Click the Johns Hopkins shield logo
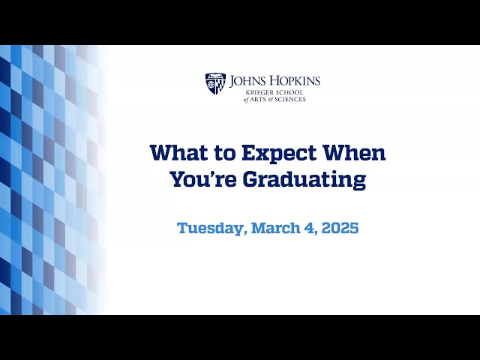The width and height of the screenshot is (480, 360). coord(215,83)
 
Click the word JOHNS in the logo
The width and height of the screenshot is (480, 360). coord(247,80)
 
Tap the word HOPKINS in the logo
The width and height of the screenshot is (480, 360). coord(293,80)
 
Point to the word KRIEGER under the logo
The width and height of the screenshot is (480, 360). coord(247,91)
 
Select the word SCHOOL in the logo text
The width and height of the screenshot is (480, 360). coord(283,91)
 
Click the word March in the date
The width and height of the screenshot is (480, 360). coord(276,228)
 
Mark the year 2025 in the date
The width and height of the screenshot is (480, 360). coord(337,228)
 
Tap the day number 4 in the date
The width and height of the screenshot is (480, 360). coord(309,228)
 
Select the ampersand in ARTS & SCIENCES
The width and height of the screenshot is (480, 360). coord(271,99)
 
